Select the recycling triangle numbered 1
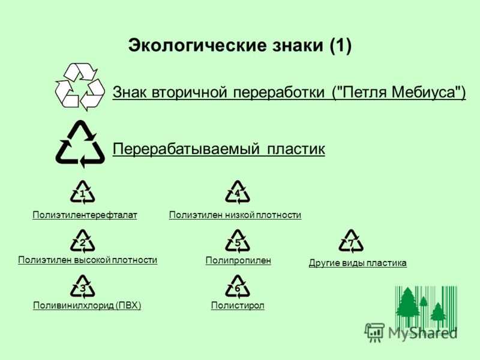click(x=82, y=193)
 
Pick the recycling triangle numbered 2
click(x=82, y=241)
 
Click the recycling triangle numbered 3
click(x=82, y=287)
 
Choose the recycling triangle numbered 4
click(x=237, y=193)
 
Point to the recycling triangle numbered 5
click(x=237, y=241)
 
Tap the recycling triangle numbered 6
click(x=237, y=287)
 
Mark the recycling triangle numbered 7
click(x=351, y=241)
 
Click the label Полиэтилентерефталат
click(x=85, y=215)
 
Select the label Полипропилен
click(x=238, y=260)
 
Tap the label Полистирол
click(x=238, y=305)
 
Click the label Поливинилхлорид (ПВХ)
click(x=87, y=305)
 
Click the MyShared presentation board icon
click(x=374, y=332)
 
